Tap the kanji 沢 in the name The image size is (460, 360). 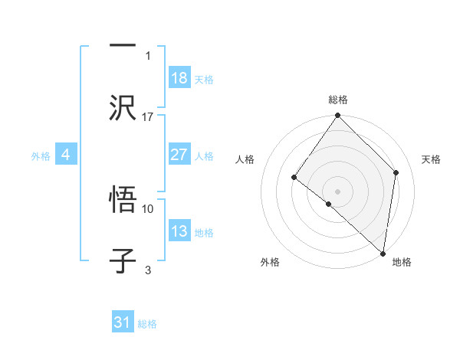coord(123,108)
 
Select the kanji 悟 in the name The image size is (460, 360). coord(123,200)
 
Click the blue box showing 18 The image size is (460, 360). coord(179,78)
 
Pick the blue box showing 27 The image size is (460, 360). coord(179,155)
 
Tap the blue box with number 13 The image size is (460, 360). coord(179,232)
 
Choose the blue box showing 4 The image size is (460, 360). coord(66,155)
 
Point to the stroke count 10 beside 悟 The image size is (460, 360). coord(148,208)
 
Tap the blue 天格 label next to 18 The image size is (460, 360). coord(204,79)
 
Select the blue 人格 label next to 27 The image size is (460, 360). coord(204,156)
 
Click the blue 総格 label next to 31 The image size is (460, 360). coord(147,324)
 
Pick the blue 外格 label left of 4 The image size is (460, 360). coord(41,156)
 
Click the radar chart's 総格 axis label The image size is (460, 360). coord(338,100)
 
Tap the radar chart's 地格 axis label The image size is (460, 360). coord(402,263)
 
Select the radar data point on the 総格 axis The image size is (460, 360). coord(338,116)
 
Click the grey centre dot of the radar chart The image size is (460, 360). coord(338,191)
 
